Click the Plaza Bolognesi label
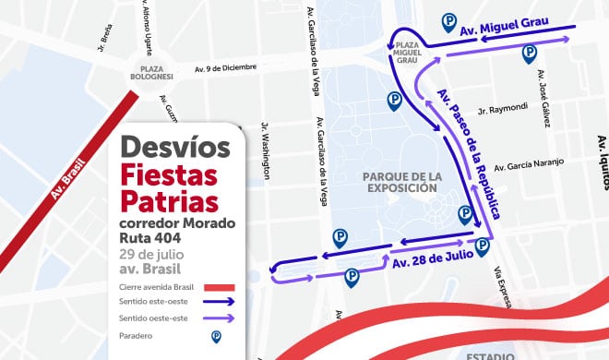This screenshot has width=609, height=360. click(x=152, y=74)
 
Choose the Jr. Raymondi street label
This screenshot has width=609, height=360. click(x=504, y=108)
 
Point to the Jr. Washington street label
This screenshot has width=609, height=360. click(x=266, y=151)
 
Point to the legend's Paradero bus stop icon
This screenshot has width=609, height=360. click(x=216, y=337)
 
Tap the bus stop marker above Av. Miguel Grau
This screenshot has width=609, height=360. click(x=449, y=20)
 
